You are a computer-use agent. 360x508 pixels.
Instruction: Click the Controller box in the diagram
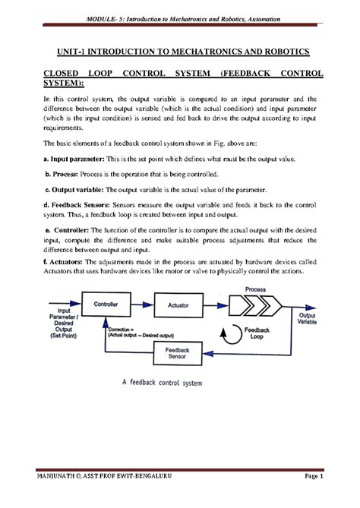click(x=105, y=304)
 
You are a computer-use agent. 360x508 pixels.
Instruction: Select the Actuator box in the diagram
click(x=177, y=304)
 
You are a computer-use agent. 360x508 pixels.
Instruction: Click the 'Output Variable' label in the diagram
click(x=308, y=319)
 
